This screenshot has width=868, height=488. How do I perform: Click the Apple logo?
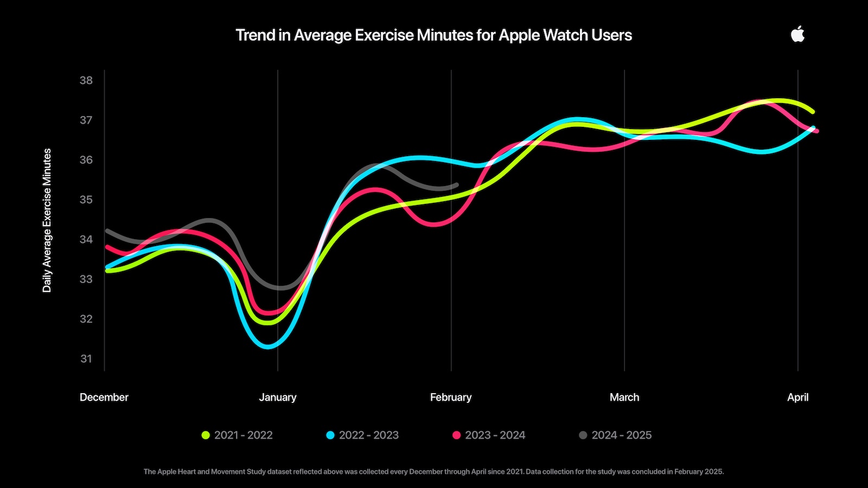(x=797, y=35)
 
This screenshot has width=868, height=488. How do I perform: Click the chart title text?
(x=433, y=35)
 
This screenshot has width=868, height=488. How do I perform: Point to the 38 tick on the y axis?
(x=86, y=80)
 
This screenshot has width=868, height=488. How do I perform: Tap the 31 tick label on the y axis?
(x=86, y=358)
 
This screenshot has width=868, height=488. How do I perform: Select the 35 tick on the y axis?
(x=86, y=200)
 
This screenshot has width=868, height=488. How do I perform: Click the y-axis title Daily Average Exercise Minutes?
(x=47, y=220)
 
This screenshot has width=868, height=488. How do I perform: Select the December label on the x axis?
(x=104, y=397)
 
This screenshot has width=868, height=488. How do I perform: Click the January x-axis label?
(x=277, y=397)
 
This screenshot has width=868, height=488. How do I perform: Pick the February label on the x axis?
(x=450, y=397)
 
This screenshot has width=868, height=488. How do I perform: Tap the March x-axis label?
(x=624, y=397)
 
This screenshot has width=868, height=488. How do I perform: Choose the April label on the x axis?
(x=797, y=397)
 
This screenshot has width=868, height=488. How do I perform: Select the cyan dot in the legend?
(x=330, y=435)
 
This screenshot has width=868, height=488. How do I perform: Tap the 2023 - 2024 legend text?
(x=495, y=435)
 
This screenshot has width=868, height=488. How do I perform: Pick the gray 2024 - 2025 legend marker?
(x=583, y=435)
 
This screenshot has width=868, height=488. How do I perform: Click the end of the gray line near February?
(x=456, y=185)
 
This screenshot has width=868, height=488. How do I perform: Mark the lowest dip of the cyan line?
(x=267, y=345)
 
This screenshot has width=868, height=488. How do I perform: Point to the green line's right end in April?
(x=812, y=112)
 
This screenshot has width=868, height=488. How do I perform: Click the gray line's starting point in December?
(x=107, y=230)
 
